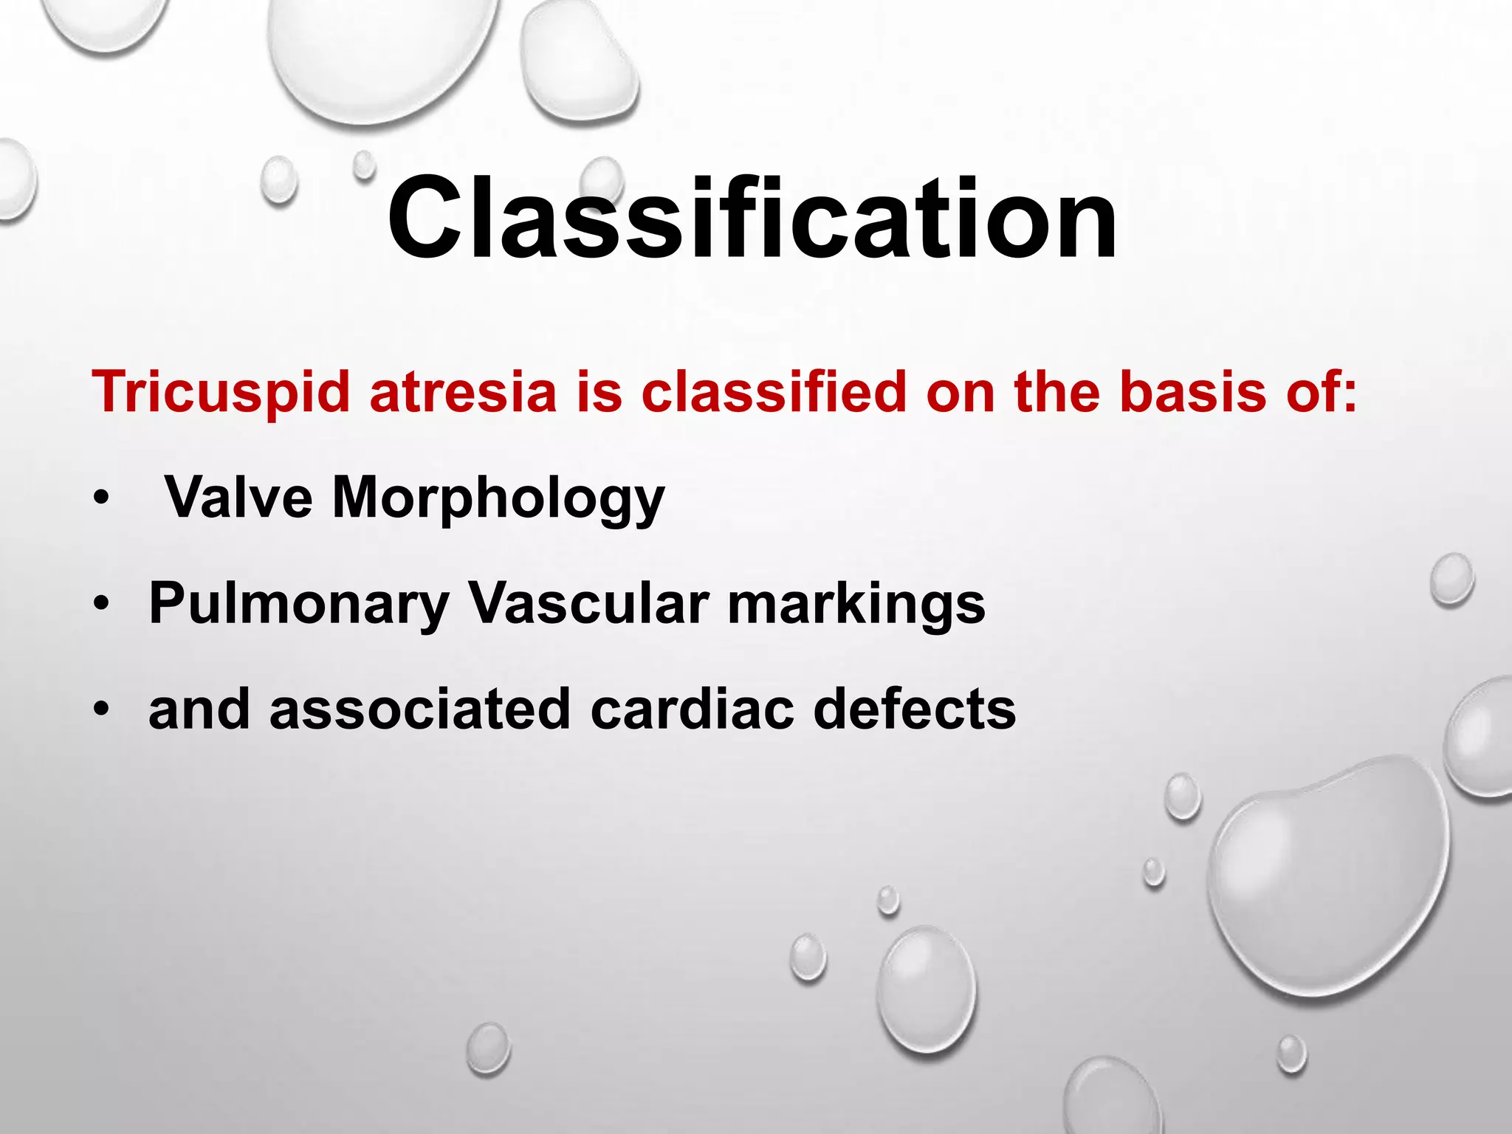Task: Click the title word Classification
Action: tap(752, 219)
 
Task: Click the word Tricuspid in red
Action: tap(220, 393)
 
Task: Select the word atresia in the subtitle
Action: tap(463, 391)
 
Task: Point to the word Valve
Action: tap(238, 498)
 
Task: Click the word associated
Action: tap(420, 709)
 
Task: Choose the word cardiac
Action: tap(692, 709)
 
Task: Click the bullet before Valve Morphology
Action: tap(100, 499)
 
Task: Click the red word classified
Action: tap(773, 391)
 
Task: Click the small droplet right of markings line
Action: tap(1451, 580)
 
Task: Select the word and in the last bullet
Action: tap(199, 709)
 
